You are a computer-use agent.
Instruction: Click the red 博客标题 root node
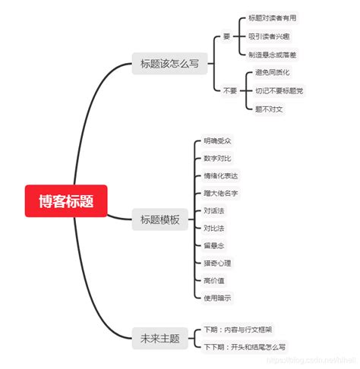(x=65, y=200)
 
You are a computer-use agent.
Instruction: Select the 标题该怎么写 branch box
(x=169, y=64)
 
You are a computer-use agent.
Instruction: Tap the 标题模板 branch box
(x=159, y=220)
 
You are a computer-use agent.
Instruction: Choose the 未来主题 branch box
(x=159, y=339)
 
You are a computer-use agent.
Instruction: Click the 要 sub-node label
(x=226, y=36)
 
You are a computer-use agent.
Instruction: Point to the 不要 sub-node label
(x=229, y=90)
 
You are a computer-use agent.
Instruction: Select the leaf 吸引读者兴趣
(x=269, y=36)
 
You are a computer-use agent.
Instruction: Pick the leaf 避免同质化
(x=273, y=72)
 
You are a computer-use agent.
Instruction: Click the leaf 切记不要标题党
(x=279, y=90)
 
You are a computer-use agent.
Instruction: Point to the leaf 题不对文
(x=269, y=109)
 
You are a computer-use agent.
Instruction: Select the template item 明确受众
(x=218, y=140)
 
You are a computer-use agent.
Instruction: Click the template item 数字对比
(x=218, y=158)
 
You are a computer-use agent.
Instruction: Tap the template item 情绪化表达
(x=221, y=175)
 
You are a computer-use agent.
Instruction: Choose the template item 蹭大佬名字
(x=221, y=193)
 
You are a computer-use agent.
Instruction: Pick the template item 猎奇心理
(x=218, y=263)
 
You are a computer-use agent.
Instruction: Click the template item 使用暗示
(x=218, y=298)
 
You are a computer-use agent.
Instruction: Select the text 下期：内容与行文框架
(x=238, y=330)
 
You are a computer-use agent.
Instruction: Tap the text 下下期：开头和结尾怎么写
(x=245, y=347)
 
